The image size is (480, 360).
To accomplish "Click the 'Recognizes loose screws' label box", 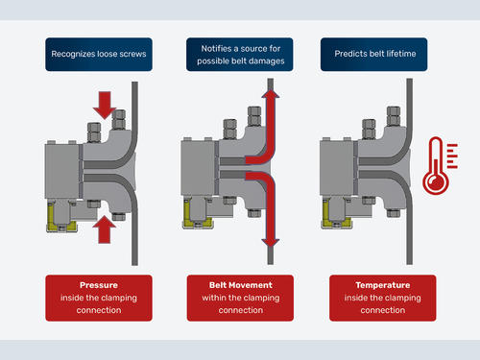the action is [x=99, y=55].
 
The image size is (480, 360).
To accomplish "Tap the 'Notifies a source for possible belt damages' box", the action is [x=240, y=55].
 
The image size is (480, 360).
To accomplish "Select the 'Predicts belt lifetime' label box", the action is [x=373, y=55].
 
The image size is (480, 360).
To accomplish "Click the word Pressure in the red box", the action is [x=99, y=285].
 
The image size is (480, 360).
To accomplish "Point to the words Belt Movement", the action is [x=241, y=285].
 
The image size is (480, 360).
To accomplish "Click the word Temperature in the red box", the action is [x=383, y=285].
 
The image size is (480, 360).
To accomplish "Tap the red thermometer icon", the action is [x=440, y=165].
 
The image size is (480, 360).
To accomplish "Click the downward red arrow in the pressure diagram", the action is [x=105, y=105].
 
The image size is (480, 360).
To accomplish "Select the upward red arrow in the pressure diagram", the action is [x=105, y=229].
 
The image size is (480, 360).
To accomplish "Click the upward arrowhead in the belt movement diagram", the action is [x=271, y=93].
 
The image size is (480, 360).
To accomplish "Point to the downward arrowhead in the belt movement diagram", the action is [x=271, y=243].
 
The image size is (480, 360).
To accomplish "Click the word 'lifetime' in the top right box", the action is [x=401, y=54].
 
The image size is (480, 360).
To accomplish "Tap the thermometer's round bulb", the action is [x=436, y=182].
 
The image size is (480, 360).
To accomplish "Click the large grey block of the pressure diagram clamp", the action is [x=62, y=171].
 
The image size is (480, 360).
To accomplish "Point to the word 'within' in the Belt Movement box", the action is [x=213, y=298].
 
